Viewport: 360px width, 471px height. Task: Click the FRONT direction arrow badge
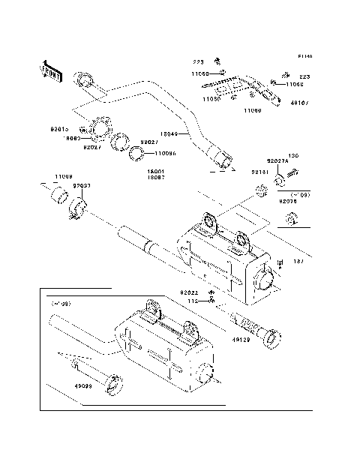[51, 70]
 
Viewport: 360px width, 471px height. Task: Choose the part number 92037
[82, 185]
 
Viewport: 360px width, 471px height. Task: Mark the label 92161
[259, 172]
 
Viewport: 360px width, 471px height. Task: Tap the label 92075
[289, 201]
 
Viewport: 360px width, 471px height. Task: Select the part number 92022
[188, 292]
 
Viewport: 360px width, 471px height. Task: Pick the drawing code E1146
[304, 56]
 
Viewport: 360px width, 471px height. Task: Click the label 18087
[156, 177]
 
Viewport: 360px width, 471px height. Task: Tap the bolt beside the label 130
[293, 179]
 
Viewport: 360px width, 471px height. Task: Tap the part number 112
[192, 301]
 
